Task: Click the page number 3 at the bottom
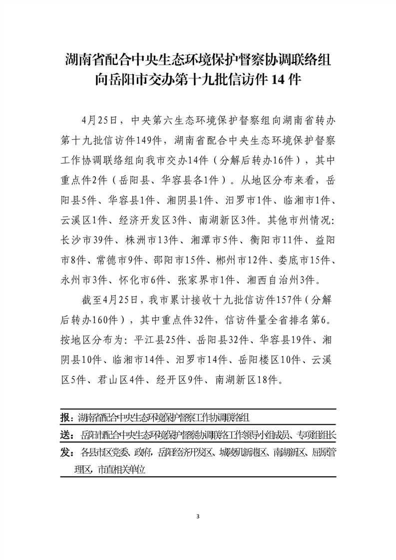tap(198, 516)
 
